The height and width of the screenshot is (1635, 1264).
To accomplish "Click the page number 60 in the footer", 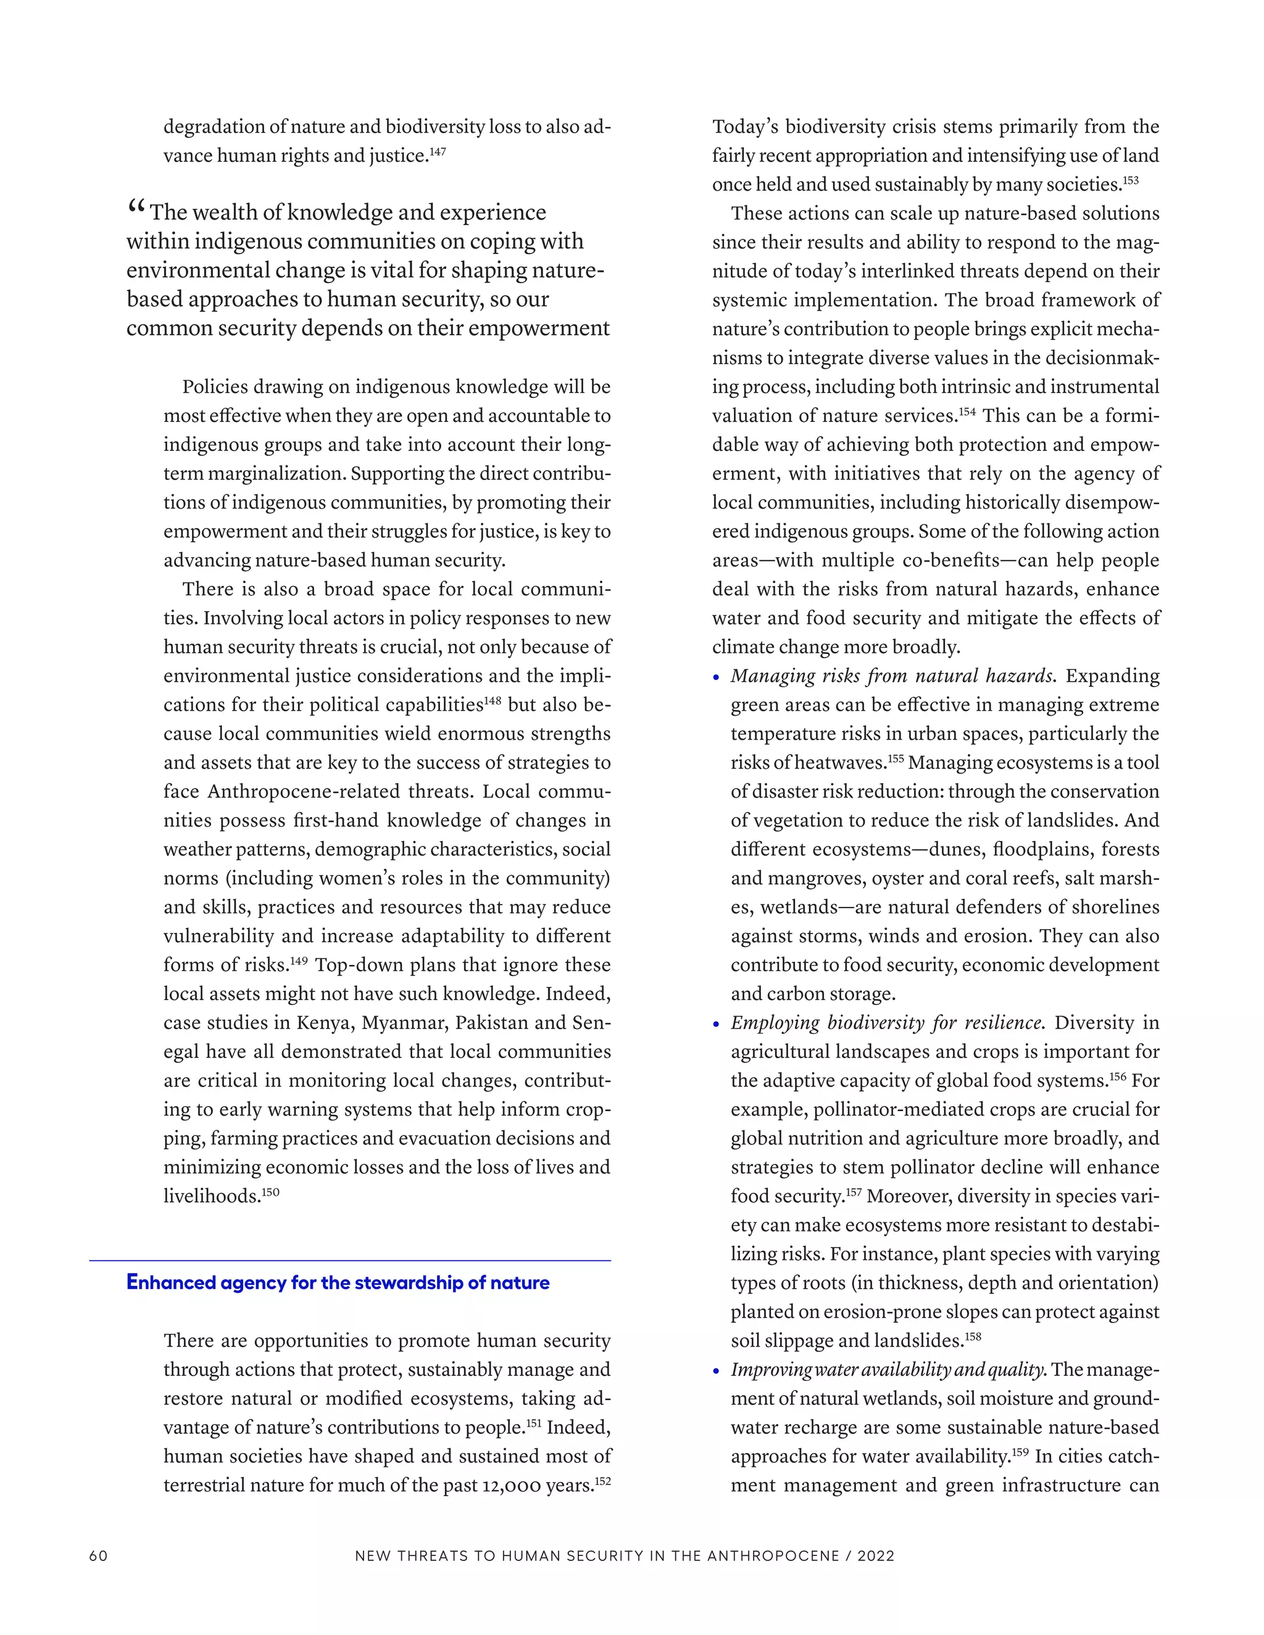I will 98,1555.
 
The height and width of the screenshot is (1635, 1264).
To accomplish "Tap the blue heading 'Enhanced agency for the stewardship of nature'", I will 338,1283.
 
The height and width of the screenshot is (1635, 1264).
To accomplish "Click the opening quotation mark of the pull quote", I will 136,207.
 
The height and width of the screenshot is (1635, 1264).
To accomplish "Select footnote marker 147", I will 438,152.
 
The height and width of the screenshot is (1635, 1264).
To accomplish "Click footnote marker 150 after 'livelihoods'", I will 270,1192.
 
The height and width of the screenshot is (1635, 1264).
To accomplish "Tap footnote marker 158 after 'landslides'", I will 973,1336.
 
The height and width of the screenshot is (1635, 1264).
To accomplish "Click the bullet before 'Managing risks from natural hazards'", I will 717,677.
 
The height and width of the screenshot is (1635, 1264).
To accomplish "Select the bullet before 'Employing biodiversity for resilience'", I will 717,1025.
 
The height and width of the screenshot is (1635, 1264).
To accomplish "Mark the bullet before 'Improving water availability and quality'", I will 717,1372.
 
